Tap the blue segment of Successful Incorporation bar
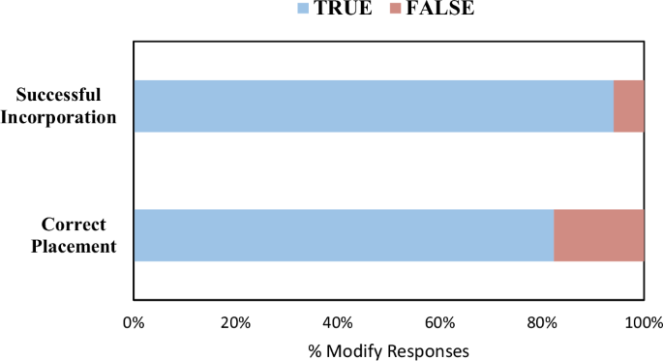coord(374,105)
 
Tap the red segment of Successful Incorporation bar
coord(628,105)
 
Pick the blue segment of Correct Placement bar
coord(344,235)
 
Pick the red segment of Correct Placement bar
coord(598,235)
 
